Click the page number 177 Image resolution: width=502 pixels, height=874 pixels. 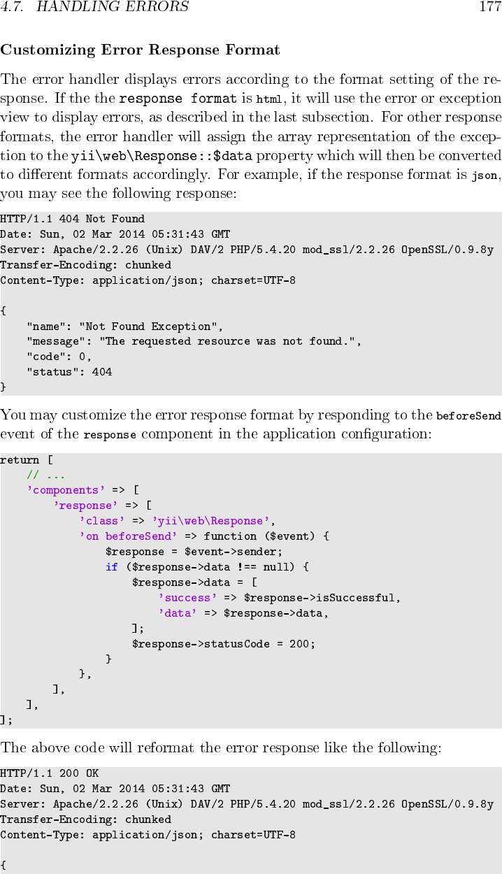tap(489, 8)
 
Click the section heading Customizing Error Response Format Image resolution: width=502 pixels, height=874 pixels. tap(140, 50)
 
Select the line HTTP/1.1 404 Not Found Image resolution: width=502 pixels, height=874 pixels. tap(73, 219)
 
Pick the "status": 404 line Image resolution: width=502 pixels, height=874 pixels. tap(69, 372)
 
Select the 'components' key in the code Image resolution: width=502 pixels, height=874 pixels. tap(66, 490)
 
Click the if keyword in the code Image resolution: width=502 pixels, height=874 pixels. tap(112, 567)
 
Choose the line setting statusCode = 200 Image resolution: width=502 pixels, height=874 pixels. tap(224, 644)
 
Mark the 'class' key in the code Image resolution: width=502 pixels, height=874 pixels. tap(102, 521)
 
